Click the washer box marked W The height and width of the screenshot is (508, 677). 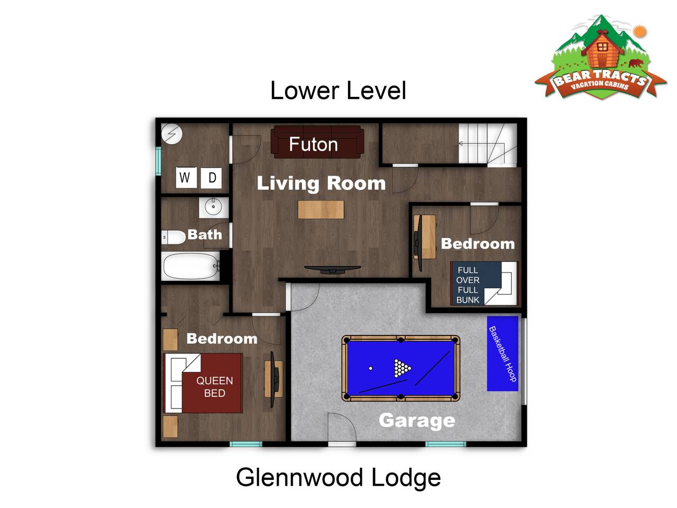pyautogui.click(x=186, y=177)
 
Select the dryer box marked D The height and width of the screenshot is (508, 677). pyautogui.click(x=211, y=178)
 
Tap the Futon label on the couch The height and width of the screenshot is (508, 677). pyautogui.click(x=313, y=144)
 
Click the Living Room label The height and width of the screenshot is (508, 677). pyautogui.click(x=321, y=184)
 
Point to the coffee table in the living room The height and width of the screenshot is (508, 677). pyautogui.click(x=321, y=210)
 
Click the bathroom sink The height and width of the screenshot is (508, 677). pyautogui.click(x=214, y=207)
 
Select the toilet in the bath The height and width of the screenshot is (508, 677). pyautogui.click(x=173, y=238)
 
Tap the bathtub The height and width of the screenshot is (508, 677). pyautogui.click(x=190, y=266)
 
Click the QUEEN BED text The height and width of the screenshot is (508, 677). pyautogui.click(x=215, y=387)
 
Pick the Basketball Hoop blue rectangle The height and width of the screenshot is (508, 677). pyautogui.click(x=502, y=353)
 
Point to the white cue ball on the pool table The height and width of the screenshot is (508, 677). pyautogui.click(x=371, y=368)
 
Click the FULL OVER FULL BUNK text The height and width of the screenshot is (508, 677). pyautogui.click(x=468, y=285)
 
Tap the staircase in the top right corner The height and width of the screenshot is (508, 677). pyautogui.click(x=488, y=143)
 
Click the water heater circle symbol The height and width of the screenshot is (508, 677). pyautogui.click(x=172, y=134)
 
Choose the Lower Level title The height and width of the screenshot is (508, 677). pyautogui.click(x=338, y=90)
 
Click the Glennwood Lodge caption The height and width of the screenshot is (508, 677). pyautogui.click(x=338, y=477)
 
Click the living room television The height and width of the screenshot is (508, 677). pyautogui.click(x=333, y=270)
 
